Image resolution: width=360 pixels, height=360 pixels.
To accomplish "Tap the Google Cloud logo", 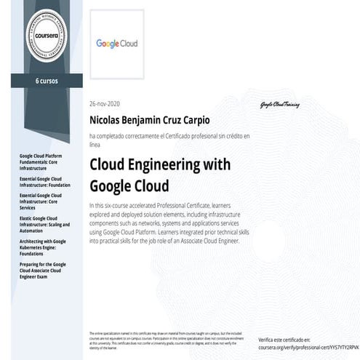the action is point(117,43).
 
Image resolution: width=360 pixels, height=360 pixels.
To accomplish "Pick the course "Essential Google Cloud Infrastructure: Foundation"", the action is point(41,181).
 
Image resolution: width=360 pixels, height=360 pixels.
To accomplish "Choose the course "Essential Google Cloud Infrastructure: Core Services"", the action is point(41,200).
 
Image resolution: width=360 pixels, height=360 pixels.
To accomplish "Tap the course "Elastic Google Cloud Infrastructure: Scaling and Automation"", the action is point(41,223).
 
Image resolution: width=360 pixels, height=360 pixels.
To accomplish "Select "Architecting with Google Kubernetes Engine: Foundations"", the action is point(41,245).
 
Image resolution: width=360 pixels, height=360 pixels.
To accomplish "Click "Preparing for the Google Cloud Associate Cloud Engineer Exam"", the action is point(41,269).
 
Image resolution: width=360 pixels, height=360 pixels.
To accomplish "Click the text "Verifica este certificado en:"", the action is point(284,340).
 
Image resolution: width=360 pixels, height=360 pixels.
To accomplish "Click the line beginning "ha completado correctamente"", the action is point(169,136).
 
